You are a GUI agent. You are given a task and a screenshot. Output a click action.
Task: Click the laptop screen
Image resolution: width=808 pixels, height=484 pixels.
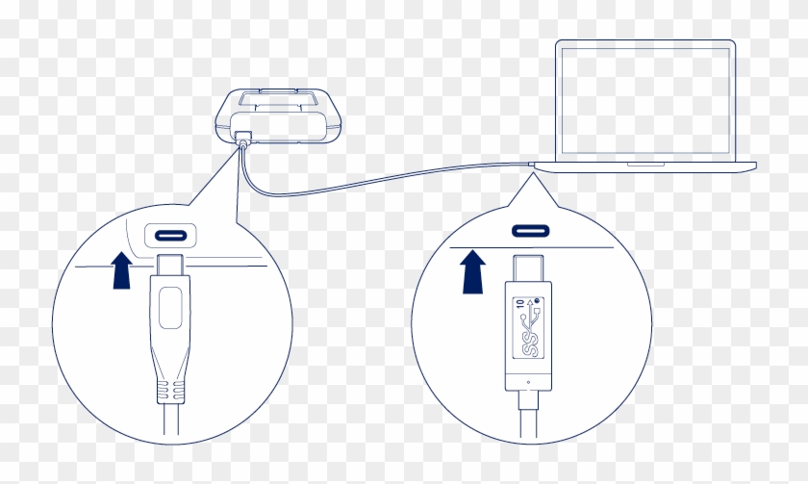644,99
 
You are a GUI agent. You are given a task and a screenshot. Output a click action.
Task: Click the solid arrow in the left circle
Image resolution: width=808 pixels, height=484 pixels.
120,269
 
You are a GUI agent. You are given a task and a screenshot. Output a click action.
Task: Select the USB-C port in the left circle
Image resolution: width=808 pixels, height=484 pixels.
170,235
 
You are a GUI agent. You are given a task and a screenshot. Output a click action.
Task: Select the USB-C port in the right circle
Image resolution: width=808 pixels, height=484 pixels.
533,232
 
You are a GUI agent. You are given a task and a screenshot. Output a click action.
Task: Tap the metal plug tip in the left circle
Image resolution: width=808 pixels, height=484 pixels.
170,265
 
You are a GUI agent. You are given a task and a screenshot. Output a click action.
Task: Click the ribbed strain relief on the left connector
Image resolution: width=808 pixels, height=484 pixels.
170,389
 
